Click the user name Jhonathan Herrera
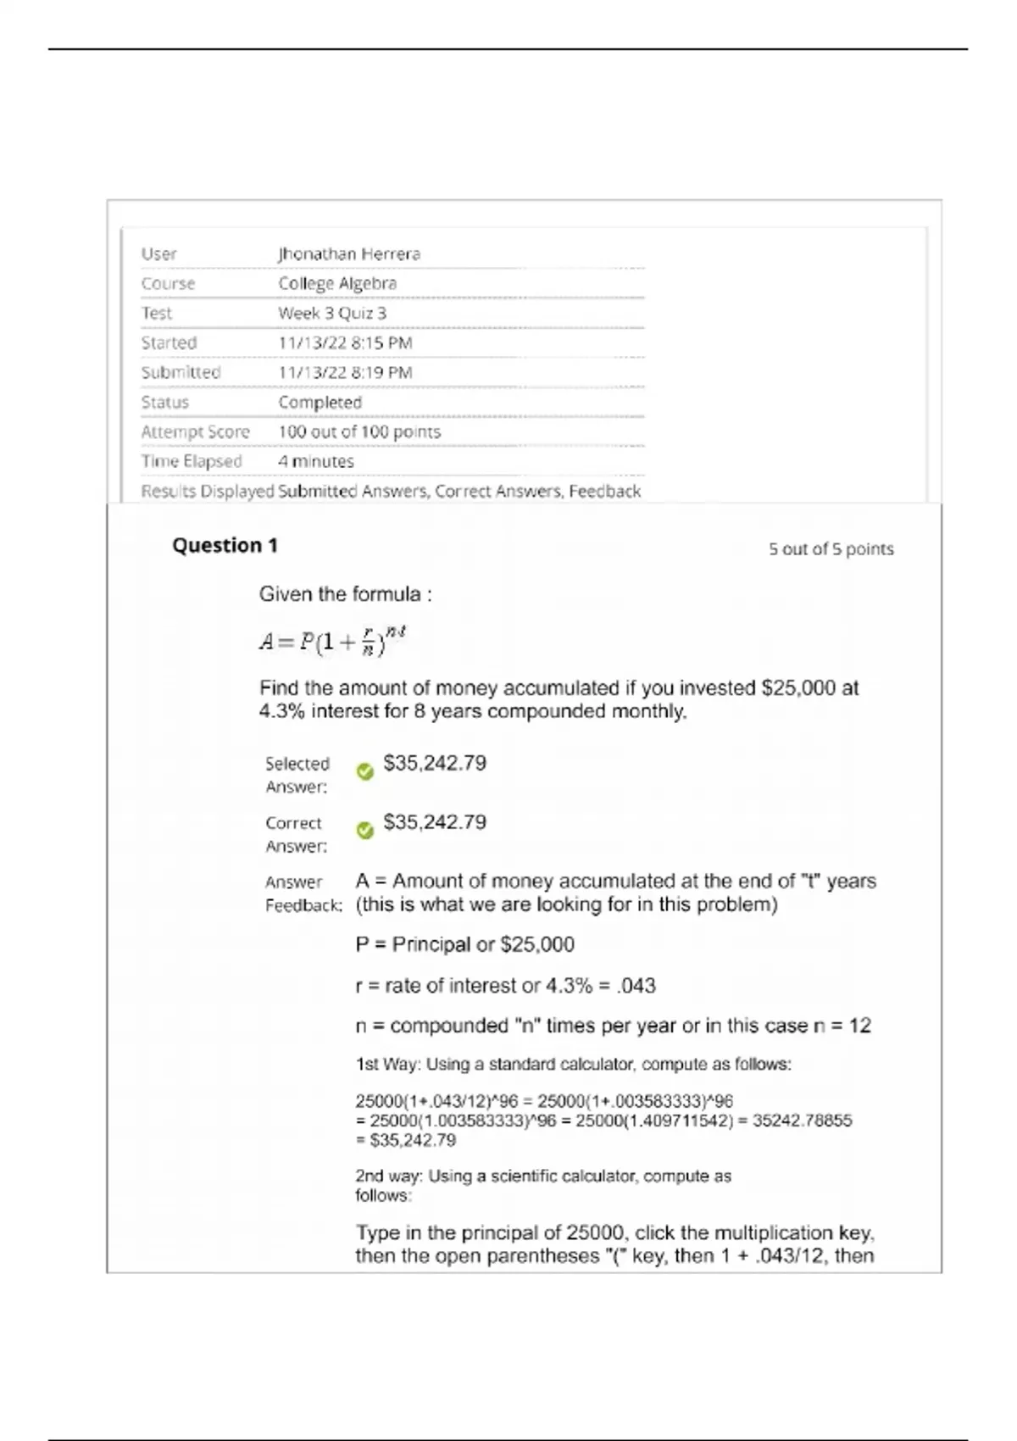349,253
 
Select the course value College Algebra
337,283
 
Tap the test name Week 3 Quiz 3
332,313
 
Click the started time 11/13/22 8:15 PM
345,342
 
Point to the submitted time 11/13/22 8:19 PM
345,372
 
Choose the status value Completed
320,402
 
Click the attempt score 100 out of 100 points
359,431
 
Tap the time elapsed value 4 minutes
316,461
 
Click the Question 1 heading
225,545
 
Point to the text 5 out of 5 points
831,549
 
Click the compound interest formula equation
333,642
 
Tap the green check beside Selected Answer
365,772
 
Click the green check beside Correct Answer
365,831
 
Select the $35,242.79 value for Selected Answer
435,763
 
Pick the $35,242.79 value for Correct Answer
435,822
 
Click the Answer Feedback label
303,893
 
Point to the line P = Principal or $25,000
464,944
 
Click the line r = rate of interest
505,985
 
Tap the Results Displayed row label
208,491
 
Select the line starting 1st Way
573,1064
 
